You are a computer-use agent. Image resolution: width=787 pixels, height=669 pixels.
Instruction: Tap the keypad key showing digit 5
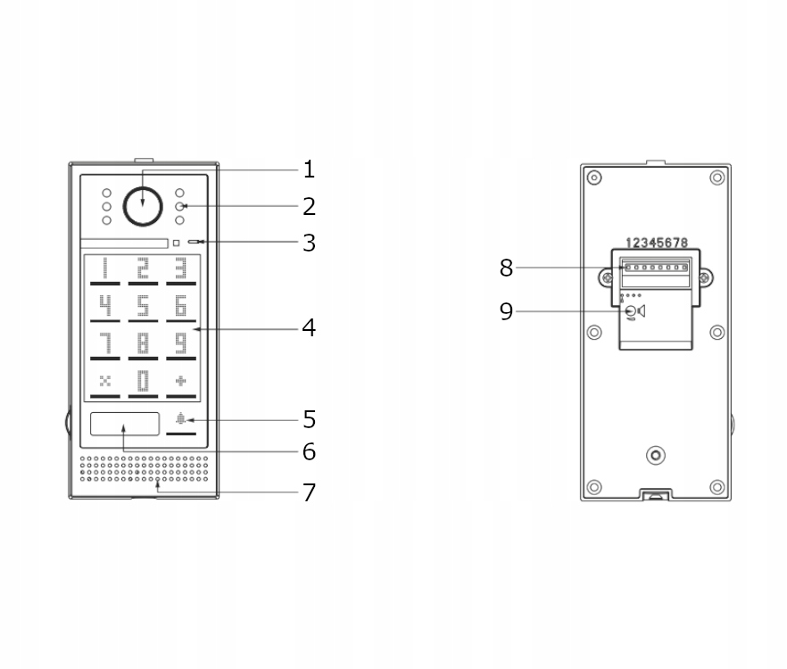point(143,308)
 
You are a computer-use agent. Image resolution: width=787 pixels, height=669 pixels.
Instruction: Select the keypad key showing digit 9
point(181,344)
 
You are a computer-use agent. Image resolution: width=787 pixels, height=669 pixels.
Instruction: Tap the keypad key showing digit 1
point(104,269)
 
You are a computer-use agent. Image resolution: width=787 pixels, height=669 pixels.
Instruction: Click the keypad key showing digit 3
point(181,269)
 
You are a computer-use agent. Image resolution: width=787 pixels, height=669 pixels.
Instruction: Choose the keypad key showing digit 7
point(104,344)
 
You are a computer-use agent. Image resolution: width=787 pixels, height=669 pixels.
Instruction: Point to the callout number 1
point(309,169)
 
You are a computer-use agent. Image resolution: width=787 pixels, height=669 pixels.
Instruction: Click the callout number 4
point(309,328)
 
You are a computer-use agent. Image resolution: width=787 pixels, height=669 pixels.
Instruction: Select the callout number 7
point(309,491)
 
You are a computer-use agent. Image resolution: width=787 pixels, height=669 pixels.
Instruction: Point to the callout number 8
point(506,267)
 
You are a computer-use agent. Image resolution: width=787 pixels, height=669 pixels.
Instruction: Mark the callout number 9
point(506,311)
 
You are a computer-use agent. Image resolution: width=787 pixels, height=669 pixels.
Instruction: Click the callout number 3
point(309,242)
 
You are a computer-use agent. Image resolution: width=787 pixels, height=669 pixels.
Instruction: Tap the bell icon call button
point(181,420)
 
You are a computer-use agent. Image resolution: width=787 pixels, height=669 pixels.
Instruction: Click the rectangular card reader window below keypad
point(125,424)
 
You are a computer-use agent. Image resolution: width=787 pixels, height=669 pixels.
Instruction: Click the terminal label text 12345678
point(657,243)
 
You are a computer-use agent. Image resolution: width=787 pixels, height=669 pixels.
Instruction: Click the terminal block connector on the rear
point(656,268)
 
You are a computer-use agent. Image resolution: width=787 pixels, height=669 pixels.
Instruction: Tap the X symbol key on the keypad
point(104,382)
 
